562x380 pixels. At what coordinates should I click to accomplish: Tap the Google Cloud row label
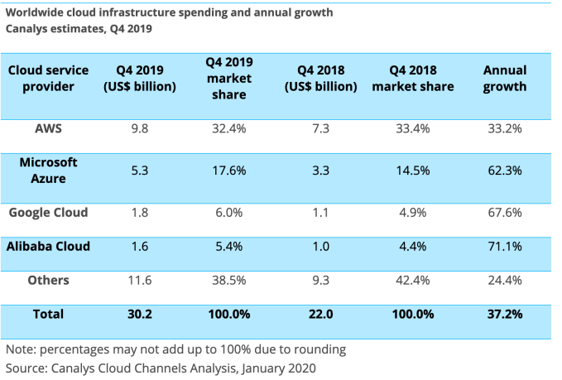[x=48, y=212]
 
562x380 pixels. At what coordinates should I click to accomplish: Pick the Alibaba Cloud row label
[x=48, y=246]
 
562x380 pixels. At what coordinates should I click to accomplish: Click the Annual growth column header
[x=504, y=79]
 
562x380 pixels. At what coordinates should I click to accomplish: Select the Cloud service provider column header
[x=48, y=79]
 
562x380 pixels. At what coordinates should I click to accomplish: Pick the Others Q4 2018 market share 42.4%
[x=413, y=281]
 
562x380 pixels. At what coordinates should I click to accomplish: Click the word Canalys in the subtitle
[x=29, y=28]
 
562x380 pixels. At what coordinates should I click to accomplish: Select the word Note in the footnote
[x=21, y=349]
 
